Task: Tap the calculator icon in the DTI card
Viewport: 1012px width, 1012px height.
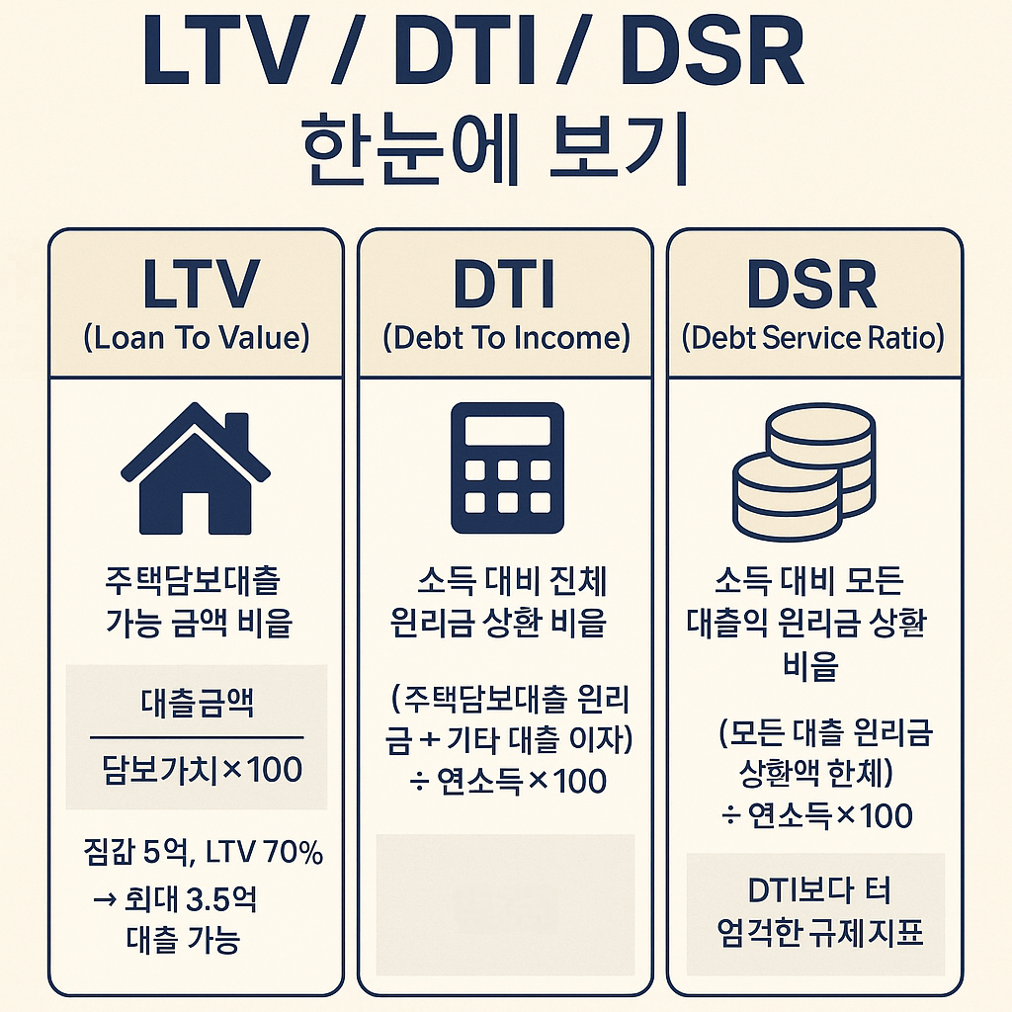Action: click(x=505, y=468)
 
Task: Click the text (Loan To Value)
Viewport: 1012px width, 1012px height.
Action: click(x=196, y=338)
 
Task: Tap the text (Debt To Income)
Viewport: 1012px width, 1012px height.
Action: click(x=505, y=338)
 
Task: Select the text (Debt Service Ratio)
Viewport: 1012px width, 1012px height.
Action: click(x=812, y=338)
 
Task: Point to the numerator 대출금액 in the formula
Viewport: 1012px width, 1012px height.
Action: click(x=196, y=705)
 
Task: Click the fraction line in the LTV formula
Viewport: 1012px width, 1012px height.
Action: click(x=196, y=737)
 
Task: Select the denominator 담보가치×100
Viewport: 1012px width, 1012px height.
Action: click(x=196, y=769)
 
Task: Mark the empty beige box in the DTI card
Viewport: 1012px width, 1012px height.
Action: click(x=505, y=904)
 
